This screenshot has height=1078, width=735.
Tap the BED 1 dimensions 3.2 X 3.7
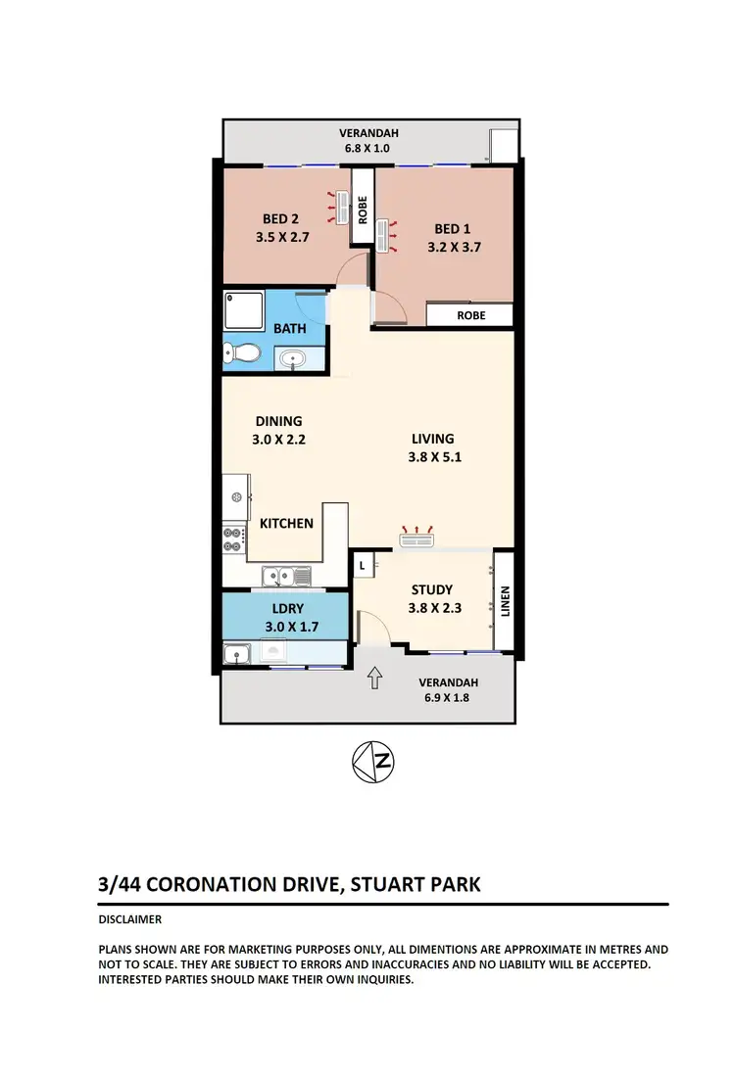pos(454,249)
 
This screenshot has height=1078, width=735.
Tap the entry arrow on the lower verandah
pos(374,677)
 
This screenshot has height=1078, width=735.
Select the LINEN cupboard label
pos(504,601)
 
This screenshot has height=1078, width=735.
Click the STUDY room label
pos(431,589)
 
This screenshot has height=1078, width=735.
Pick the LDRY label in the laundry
pos(285,608)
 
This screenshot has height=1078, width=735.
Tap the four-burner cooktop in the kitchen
pos(235,538)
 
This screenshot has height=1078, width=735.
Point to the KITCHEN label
pos(286,523)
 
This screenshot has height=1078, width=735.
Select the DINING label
pos(278,421)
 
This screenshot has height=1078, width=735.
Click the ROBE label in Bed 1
pos(471,315)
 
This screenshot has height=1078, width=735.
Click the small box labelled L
pos(362,565)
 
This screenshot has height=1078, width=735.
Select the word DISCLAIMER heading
pos(130,919)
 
